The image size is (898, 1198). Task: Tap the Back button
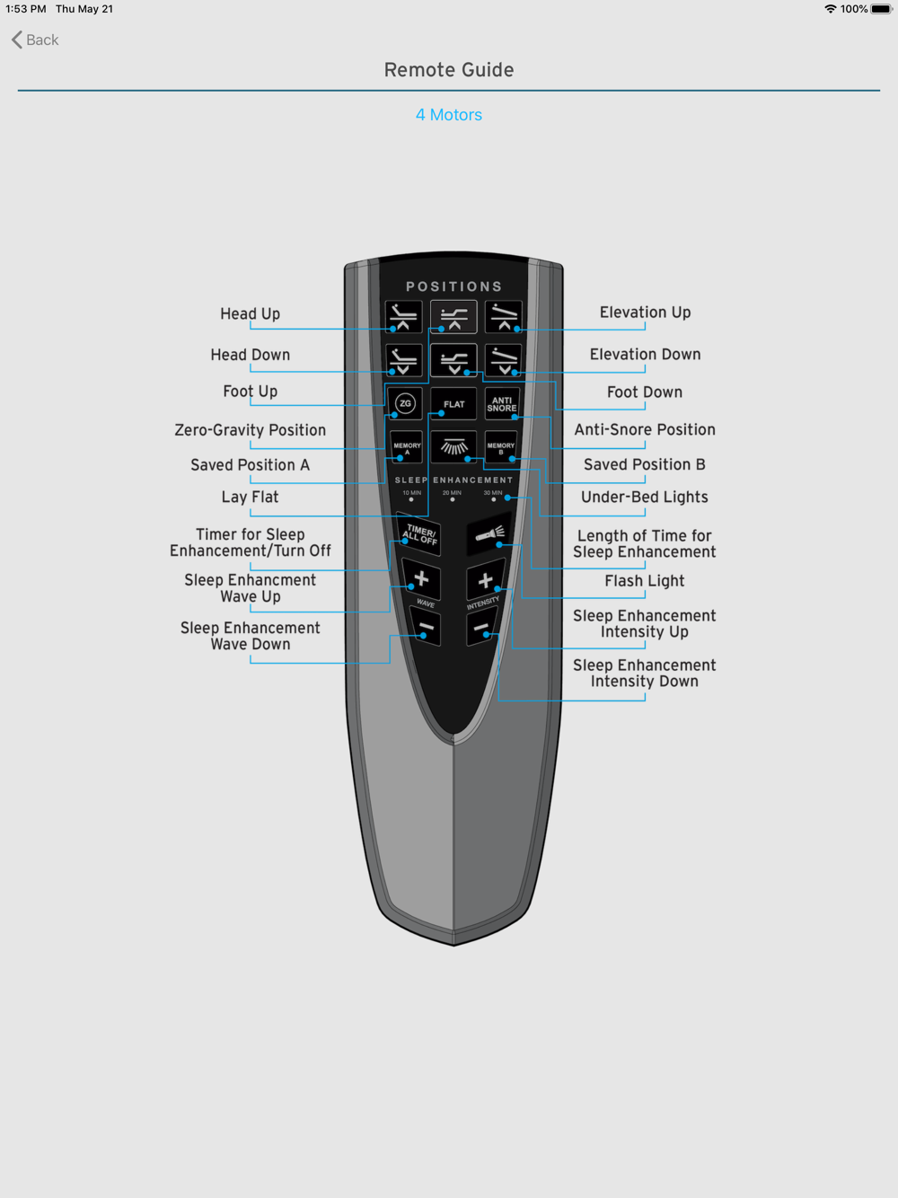pyautogui.click(x=35, y=40)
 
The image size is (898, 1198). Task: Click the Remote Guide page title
pyautogui.click(x=448, y=70)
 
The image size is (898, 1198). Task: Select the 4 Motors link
pyautogui.click(x=448, y=115)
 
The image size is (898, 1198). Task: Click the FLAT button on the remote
pyautogui.click(x=453, y=404)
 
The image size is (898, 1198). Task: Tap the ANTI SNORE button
pyautogui.click(x=501, y=404)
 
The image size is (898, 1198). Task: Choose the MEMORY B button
pyautogui.click(x=500, y=447)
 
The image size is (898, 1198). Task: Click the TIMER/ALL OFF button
pyautogui.click(x=419, y=534)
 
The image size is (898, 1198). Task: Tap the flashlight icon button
pyautogui.click(x=489, y=533)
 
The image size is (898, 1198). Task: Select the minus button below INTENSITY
pyautogui.click(x=481, y=628)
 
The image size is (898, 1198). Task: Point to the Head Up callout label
pyautogui.click(x=250, y=313)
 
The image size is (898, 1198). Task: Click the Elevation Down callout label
pyautogui.click(x=645, y=354)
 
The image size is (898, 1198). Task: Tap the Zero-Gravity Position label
pyautogui.click(x=250, y=430)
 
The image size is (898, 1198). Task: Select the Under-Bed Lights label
pyautogui.click(x=644, y=497)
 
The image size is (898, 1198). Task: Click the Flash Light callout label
pyautogui.click(x=644, y=581)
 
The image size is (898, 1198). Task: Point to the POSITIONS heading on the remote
pyautogui.click(x=453, y=286)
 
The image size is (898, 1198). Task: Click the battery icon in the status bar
pyautogui.click(x=882, y=9)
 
